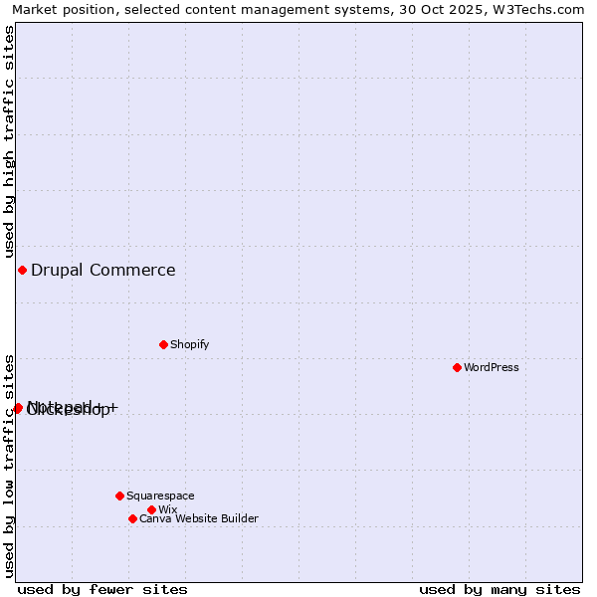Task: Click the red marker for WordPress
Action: point(457,367)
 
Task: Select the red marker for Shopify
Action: point(163,344)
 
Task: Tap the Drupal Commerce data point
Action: point(22,270)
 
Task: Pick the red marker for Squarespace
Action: point(119,496)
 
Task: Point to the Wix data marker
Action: point(151,509)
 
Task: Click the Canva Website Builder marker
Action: point(132,518)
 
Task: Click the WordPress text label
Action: point(492,367)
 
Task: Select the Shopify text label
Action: point(189,344)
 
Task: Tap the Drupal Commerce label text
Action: point(102,270)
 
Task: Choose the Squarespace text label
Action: point(160,496)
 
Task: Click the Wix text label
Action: point(167,509)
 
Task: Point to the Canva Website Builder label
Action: point(198,518)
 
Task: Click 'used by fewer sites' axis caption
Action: point(102,589)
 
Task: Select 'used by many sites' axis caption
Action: point(499,589)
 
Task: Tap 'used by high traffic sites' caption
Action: point(9,141)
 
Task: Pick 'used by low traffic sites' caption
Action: point(9,465)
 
